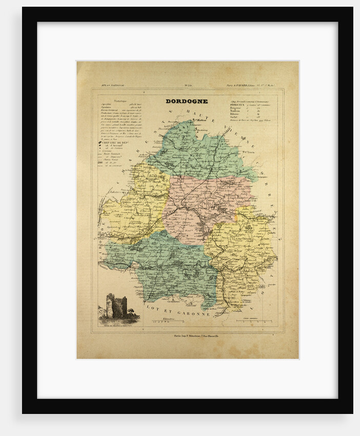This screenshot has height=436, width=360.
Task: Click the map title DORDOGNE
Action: point(186,101)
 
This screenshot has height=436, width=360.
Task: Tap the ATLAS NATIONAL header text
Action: point(109,85)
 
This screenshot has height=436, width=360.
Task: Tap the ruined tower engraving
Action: point(116,306)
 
